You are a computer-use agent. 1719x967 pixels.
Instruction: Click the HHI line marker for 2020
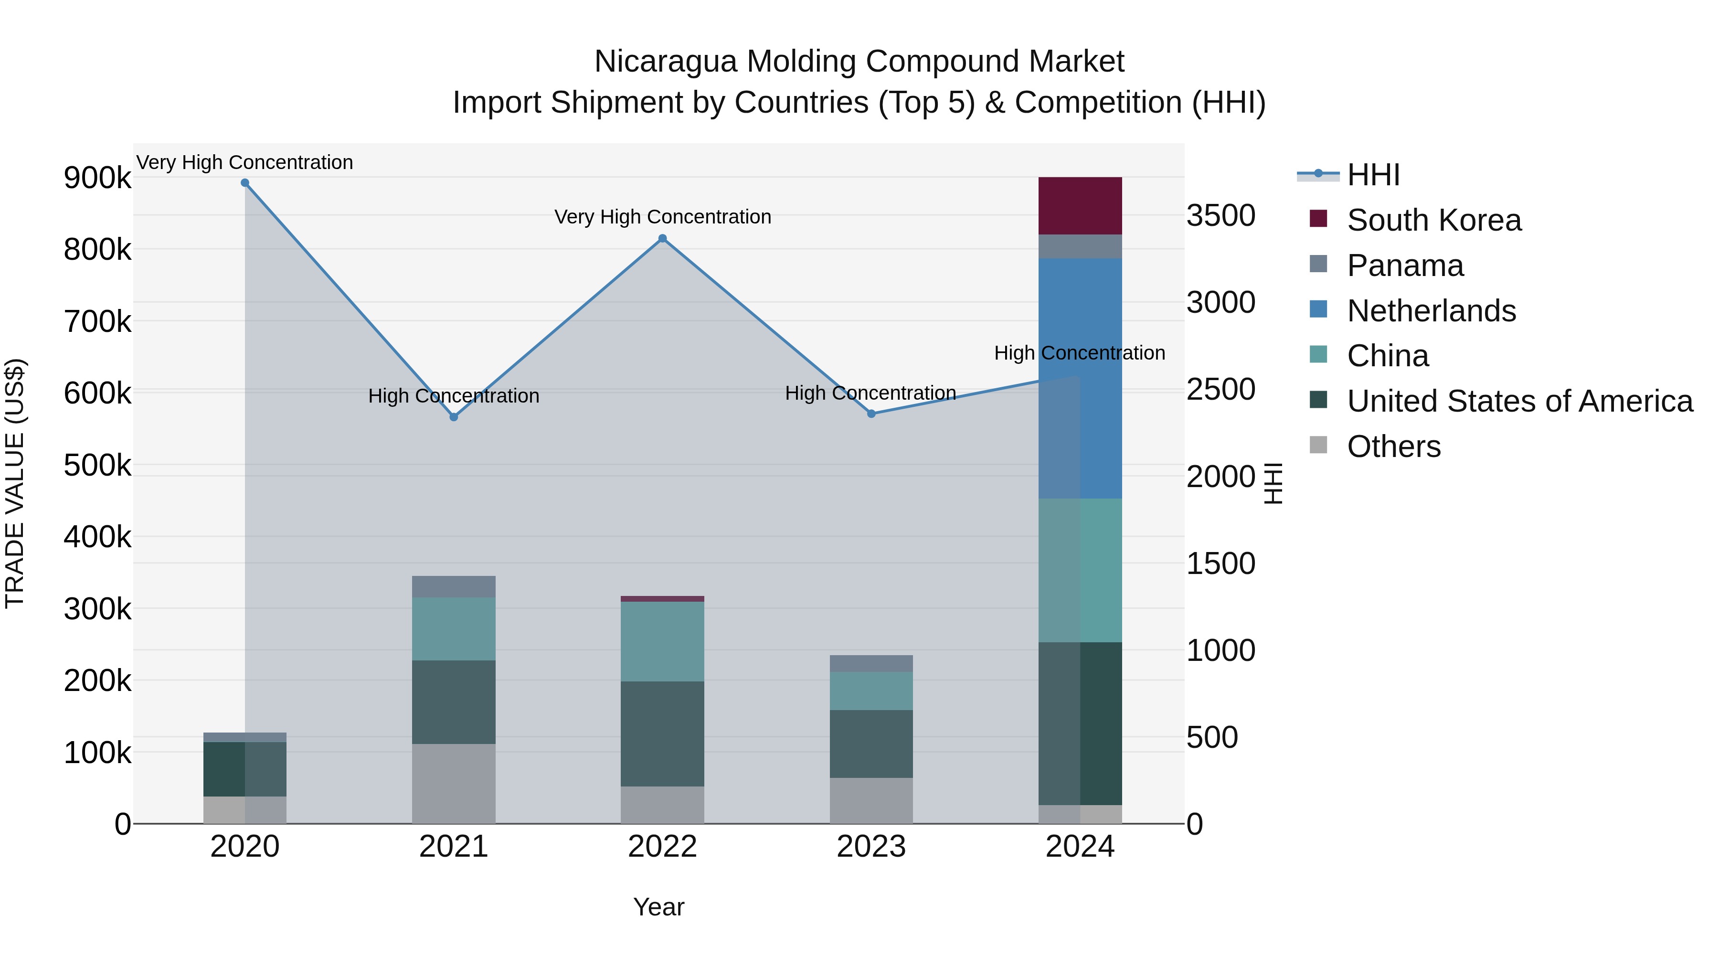[245, 183]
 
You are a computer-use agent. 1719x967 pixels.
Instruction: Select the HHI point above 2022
[663, 238]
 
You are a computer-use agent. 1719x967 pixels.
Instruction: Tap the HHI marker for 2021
[454, 417]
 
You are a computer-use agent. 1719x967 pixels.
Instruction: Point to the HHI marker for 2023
[871, 414]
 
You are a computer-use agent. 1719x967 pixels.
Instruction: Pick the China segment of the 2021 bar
[454, 628]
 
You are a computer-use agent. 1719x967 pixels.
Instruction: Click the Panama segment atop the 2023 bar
[871, 663]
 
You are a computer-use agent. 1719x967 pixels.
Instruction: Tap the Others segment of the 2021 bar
[454, 784]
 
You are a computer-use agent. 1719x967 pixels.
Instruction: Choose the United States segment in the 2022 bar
[663, 733]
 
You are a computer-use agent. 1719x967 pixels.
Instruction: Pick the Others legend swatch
[1318, 445]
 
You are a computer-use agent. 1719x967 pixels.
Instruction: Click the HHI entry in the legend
[1373, 175]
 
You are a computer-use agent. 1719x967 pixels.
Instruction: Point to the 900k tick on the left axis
[97, 178]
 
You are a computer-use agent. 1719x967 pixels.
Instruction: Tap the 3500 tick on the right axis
[1220, 215]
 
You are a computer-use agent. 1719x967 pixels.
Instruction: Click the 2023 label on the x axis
[871, 847]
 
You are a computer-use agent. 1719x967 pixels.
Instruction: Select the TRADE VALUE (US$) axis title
[15, 483]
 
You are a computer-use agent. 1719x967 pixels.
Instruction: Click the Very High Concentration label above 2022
[663, 217]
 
